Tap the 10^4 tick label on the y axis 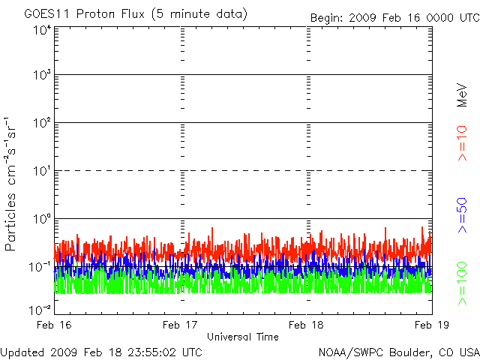click(x=43, y=31)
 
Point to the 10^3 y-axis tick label click(x=43, y=75)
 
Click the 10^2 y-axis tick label click(x=43, y=123)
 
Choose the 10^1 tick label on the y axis click(x=43, y=171)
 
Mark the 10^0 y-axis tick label click(x=43, y=219)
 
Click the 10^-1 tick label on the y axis click(x=40, y=267)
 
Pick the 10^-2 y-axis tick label click(x=40, y=310)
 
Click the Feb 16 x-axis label click(x=54, y=325)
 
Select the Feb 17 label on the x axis click(x=180, y=325)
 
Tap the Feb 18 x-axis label click(x=306, y=325)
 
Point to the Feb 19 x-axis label click(x=432, y=325)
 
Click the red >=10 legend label click(x=462, y=143)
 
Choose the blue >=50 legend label click(x=462, y=215)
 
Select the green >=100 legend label click(x=462, y=283)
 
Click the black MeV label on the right click(x=462, y=95)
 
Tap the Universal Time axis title click(x=243, y=337)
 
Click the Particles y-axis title click(x=10, y=222)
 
